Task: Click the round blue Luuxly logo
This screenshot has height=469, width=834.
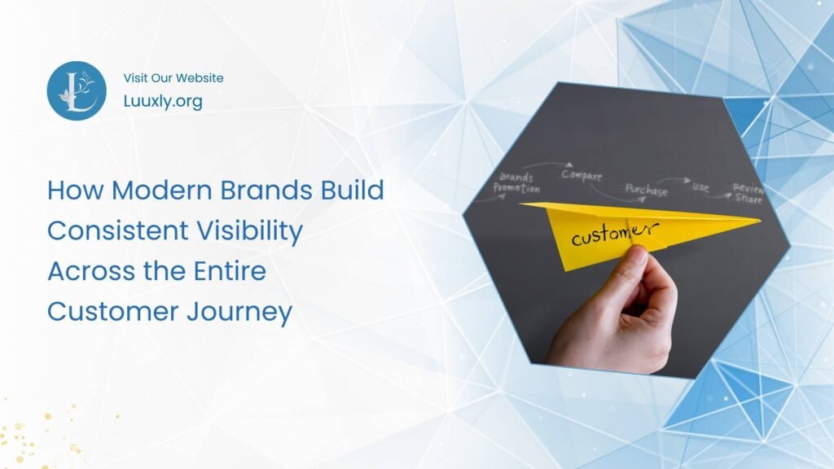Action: (x=77, y=90)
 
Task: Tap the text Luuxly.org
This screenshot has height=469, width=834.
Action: (x=163, y=102)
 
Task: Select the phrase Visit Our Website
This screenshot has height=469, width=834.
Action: (x=173, y=78)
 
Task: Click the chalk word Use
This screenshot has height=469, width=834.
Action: (x=700, y=186)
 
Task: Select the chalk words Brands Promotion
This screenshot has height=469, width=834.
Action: (x=516, y=182)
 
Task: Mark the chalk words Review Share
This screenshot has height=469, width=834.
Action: (x=747, y=192)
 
